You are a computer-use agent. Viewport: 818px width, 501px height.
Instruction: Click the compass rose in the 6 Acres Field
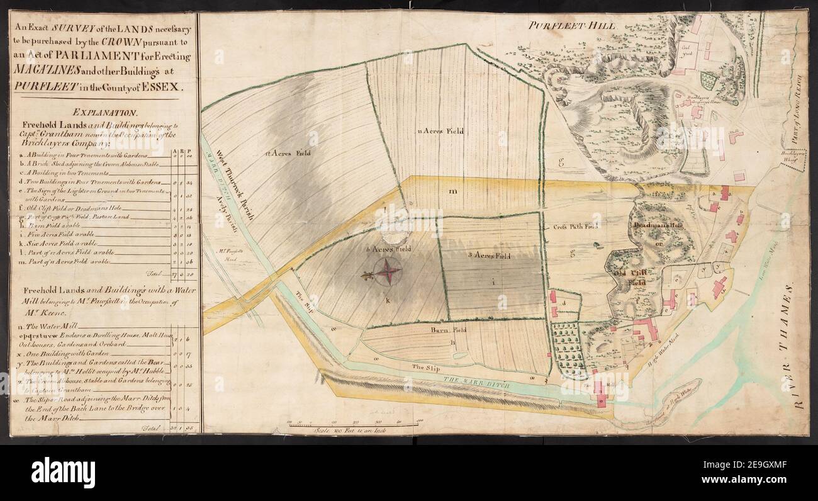(388, 272)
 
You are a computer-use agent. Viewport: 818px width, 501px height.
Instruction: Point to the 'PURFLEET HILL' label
(571, 26)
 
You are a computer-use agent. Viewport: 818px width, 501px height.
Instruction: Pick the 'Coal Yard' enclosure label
(688, 51)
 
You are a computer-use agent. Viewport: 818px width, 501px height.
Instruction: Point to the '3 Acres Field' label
(491, 256)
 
